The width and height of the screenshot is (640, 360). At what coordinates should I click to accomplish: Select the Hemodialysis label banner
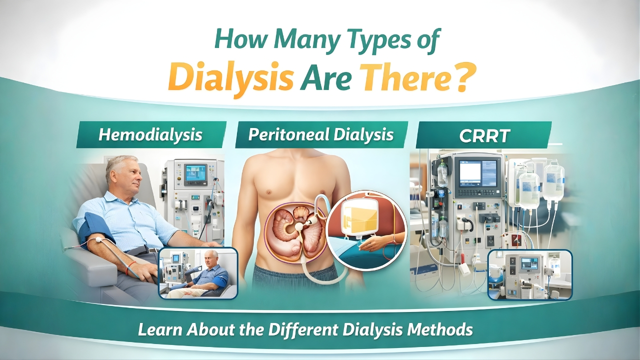(150, 134)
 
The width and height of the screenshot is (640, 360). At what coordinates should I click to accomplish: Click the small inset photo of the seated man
(198, 273)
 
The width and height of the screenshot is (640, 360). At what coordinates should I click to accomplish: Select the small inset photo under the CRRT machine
(529, 274)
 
